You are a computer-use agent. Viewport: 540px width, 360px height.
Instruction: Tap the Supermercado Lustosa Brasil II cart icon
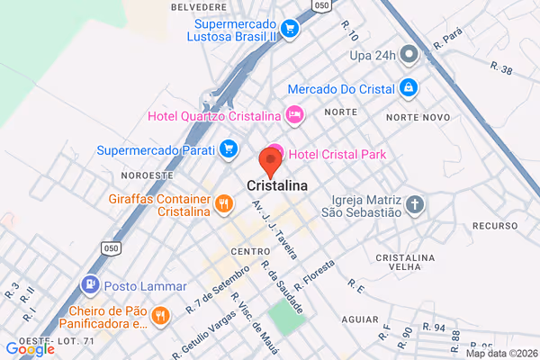(x=290, y=28)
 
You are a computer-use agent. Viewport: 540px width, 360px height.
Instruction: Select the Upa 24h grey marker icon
(x=409, y=55)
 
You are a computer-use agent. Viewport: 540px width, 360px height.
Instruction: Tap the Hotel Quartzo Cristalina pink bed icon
(x=293, y=114)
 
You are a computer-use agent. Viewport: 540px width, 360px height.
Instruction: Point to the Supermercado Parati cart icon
(x=229, y=148)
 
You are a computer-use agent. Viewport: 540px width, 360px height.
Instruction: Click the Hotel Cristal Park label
(x=337, y=155)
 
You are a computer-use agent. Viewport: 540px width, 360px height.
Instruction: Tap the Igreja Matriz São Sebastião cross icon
(x=414, y=204)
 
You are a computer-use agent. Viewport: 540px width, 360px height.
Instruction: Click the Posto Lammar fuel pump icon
(x=90, y=286)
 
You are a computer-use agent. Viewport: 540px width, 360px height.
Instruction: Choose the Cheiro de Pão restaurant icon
(x=160, y=315)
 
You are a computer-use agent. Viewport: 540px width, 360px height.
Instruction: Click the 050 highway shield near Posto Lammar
(x=111, y=247)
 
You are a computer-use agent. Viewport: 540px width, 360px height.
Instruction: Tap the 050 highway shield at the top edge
(x=321, y=5)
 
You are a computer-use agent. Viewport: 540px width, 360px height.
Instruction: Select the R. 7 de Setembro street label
(x=217, y=289)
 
